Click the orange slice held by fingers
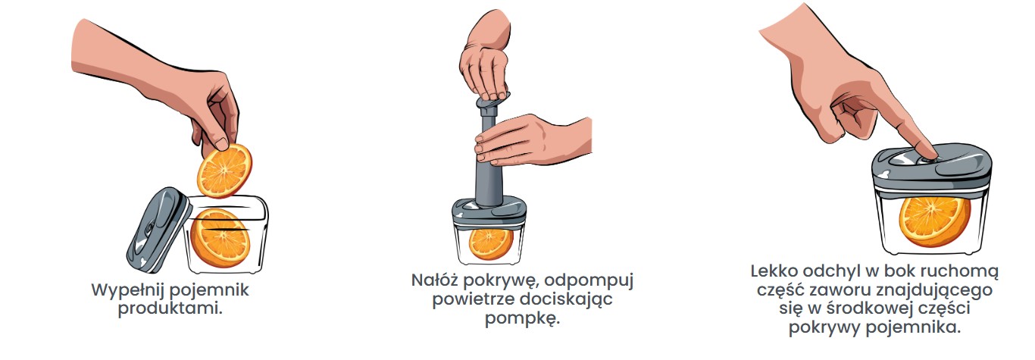tap(224, 170)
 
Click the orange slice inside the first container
tap(220, 239)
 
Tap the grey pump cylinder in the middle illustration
tap(489, 159)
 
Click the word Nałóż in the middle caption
tap(434, 280)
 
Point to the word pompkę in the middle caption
tap(523, 319)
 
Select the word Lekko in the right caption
tap(774, 271)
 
